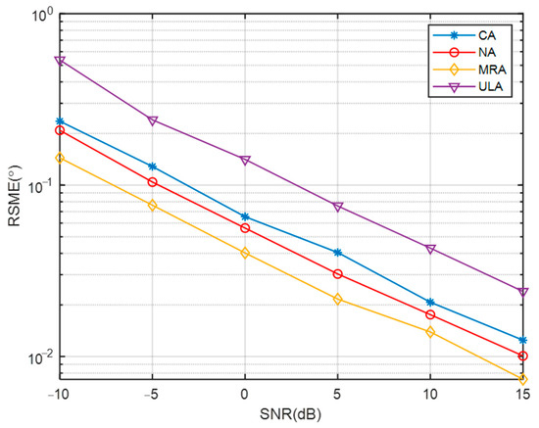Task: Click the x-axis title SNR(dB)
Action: (291, 415)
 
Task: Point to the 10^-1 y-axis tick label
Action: (35, 186)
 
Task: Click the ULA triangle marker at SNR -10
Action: (60, 61)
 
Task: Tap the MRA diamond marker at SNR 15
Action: (523, 379)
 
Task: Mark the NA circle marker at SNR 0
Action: (245, 228)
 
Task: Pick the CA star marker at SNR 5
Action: (338, 253)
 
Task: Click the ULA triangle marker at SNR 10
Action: (430, 249)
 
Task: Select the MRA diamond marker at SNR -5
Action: (153, 206)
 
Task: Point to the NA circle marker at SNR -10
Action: (60, 130)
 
